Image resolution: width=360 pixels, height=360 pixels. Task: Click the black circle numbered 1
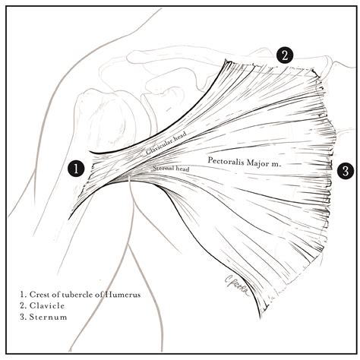coord(76,168)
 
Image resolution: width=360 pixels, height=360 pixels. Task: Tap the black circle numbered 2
coord(284,55)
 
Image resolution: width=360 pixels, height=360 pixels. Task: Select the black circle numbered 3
coord(345,171)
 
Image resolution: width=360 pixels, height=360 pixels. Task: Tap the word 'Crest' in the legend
coord(42,292)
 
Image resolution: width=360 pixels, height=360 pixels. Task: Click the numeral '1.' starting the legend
coord(24,292)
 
